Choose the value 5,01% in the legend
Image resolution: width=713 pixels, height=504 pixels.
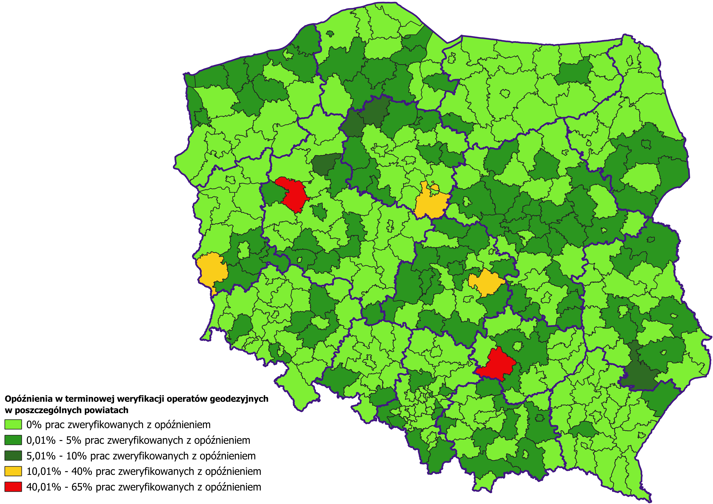(41, 456)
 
